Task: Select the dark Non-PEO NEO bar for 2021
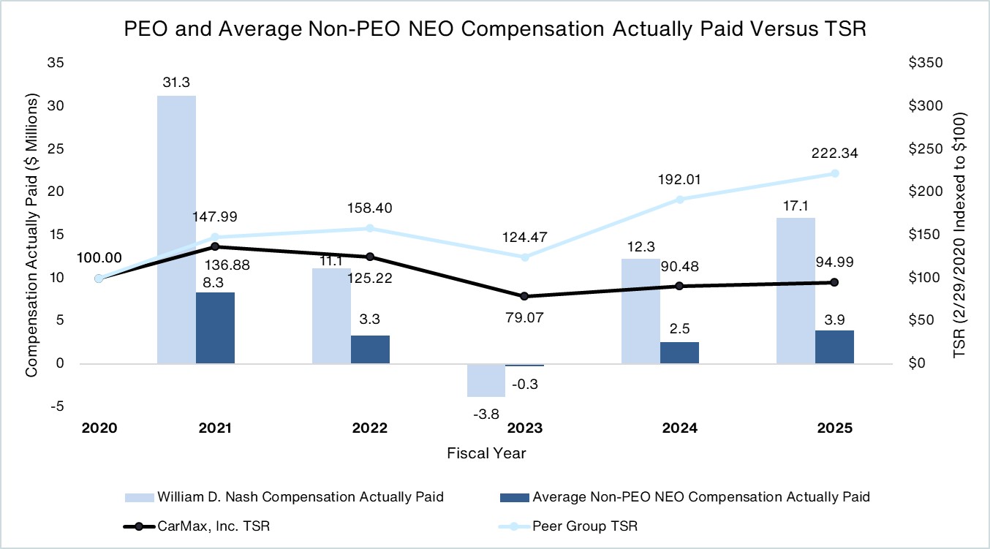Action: (215, 327)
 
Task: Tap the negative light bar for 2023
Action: (485, 380)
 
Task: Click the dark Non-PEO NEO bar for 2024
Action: (679, 353)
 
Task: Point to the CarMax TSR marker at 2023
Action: (524, 296)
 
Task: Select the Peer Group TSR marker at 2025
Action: (834, 173)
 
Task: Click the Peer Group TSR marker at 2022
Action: (369, 228)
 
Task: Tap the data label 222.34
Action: (834, 154)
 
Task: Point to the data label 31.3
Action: (176, 83)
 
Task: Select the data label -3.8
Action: (486, 414)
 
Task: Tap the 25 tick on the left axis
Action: (56, 149)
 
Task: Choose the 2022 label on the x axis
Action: (369, 428)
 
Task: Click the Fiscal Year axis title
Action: (486, 453)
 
